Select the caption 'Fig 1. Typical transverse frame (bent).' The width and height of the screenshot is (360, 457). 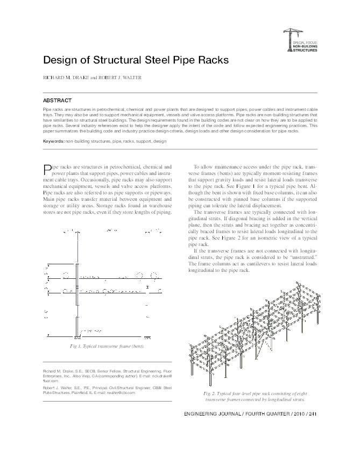click(x=107, y=345)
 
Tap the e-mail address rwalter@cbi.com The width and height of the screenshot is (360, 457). click(x=123, y=392)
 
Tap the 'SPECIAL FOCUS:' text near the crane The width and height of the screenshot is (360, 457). click(x=305, y=41)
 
